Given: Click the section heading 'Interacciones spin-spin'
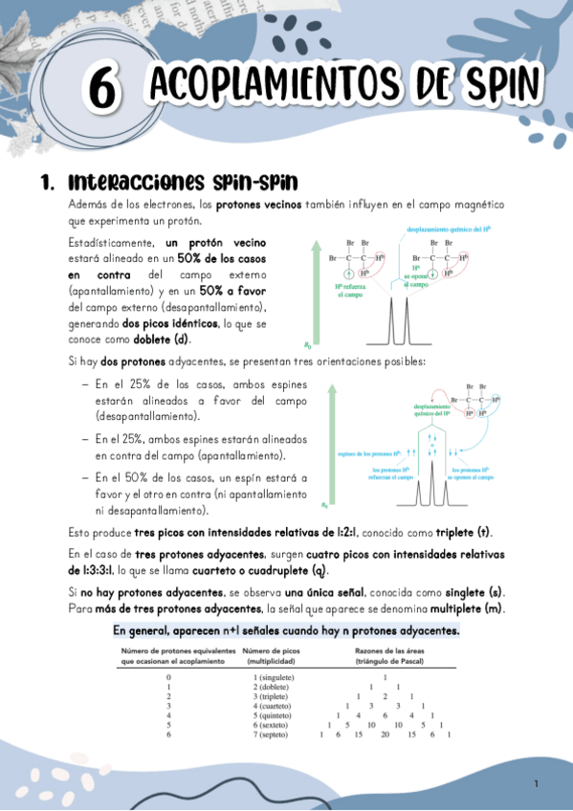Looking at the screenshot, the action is tap(183, 182).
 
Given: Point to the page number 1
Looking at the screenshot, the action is tap(537, 784).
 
